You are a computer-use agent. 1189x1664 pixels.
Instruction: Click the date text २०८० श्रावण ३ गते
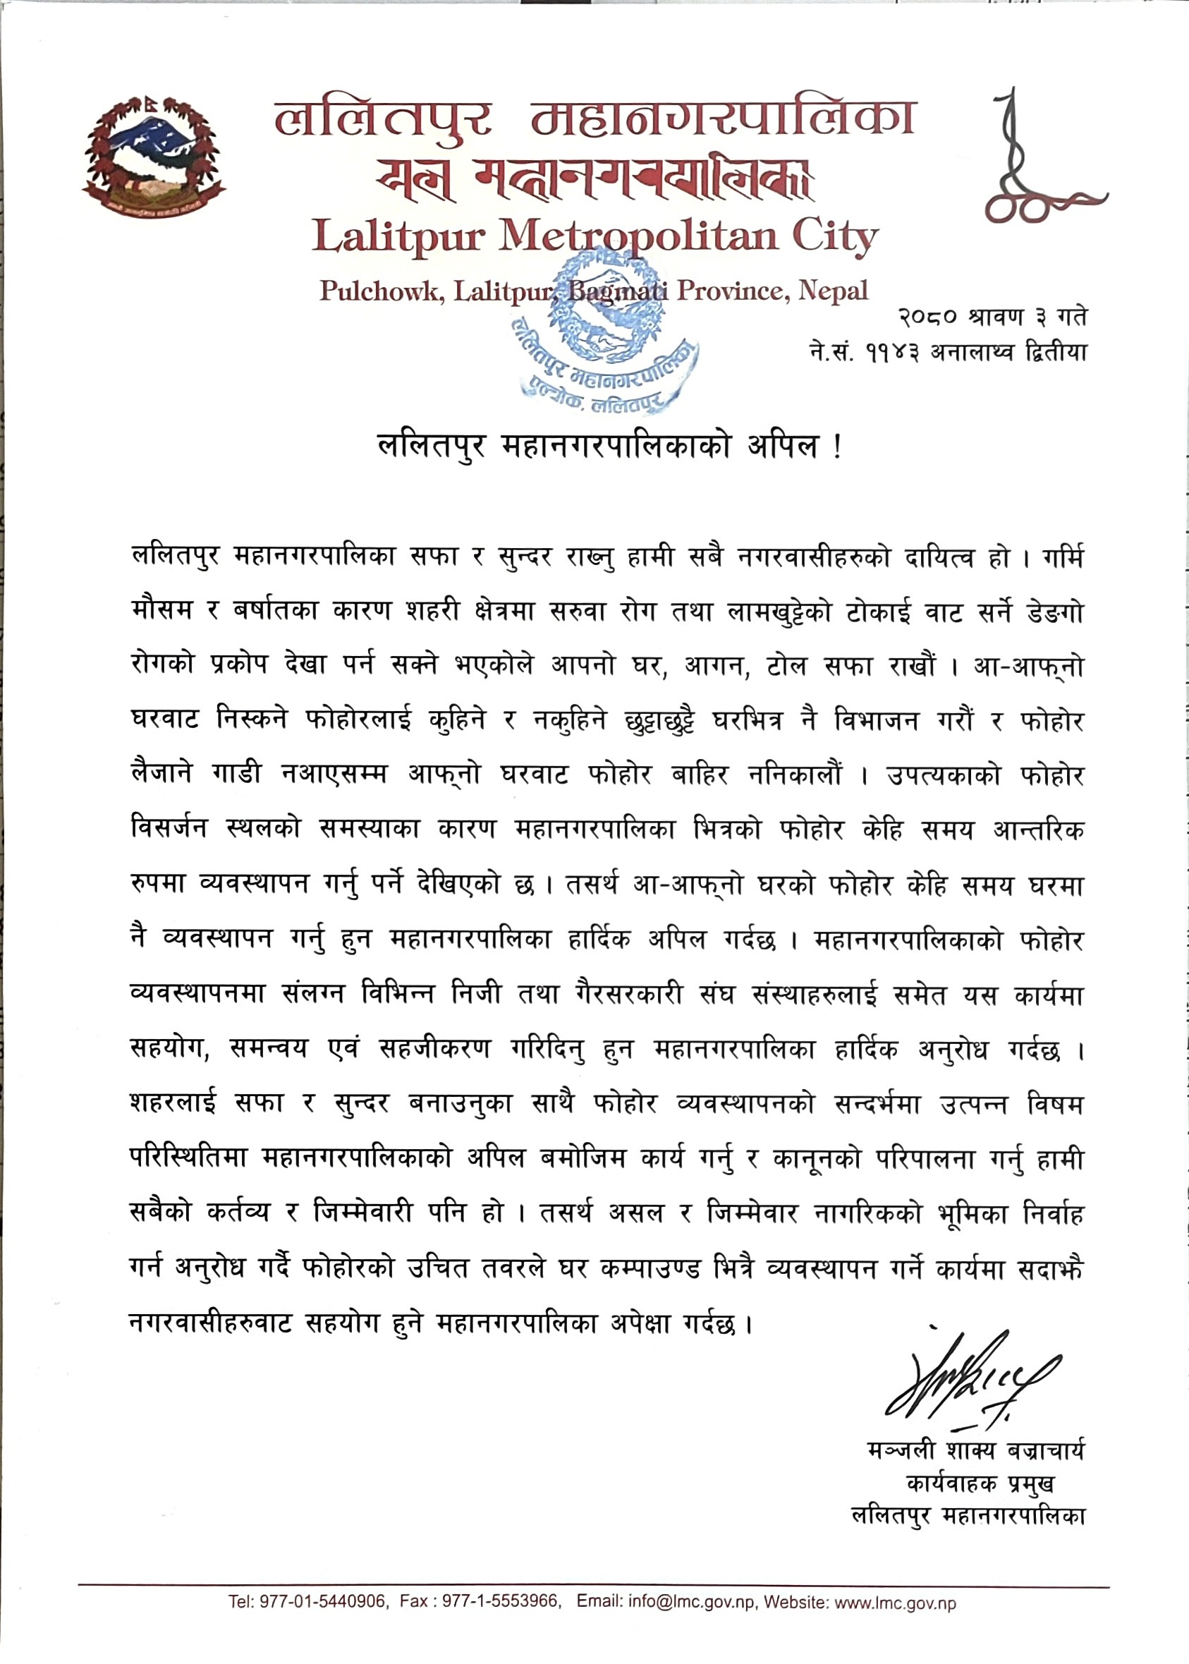tap(992, 317)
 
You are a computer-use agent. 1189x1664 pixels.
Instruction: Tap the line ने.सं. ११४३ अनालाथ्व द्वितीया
tap(947, 352)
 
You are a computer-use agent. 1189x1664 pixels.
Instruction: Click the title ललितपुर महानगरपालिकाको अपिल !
tap(609, 445)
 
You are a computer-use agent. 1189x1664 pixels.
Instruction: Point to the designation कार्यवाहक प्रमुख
tap(980, 1483)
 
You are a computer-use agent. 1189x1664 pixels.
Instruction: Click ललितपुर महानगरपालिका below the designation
tap(968, 1515)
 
